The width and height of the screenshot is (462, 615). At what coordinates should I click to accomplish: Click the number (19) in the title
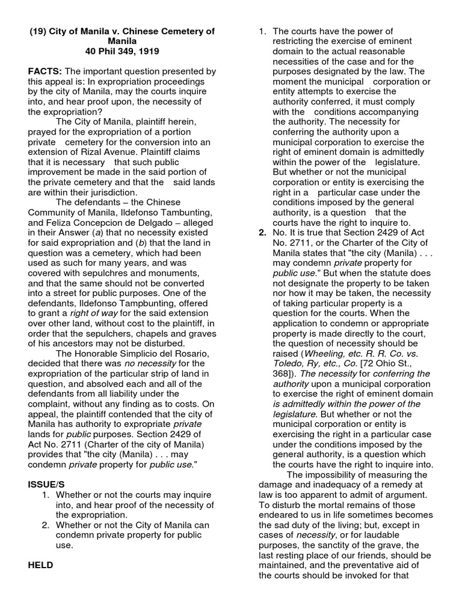[x=40, y=31]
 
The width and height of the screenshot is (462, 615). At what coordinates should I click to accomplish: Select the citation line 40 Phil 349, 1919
[x=122, y=52]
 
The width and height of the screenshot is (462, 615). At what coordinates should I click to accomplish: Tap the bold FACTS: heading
[x=45, y=71]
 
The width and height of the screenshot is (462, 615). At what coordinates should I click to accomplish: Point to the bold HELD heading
[x=40, y=565]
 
